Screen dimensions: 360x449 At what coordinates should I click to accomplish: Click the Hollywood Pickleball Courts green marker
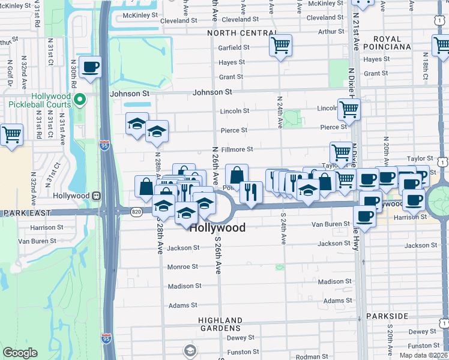pos(84,100)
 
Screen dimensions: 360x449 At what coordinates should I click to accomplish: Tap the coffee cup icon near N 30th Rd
pos(90,68)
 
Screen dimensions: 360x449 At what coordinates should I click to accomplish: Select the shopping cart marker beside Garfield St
pos(280,46)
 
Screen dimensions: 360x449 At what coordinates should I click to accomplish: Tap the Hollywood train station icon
pos(95,196)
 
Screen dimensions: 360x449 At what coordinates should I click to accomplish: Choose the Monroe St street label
pos(182,266)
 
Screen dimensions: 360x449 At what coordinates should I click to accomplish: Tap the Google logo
pos(20,353)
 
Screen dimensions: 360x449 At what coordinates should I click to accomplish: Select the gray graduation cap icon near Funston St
pos(190,350)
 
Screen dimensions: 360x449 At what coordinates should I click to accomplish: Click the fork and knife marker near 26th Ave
pos(251,192)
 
